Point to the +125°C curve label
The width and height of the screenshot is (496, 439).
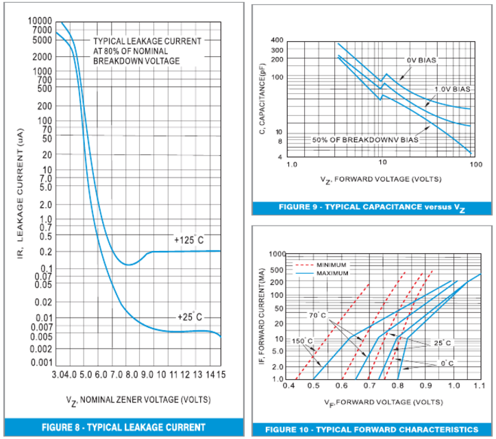(x=188, y=240)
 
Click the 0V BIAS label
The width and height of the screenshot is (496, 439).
(x=421, y=60)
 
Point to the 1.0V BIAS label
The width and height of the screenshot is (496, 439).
(x=452, y=90)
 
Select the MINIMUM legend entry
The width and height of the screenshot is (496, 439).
(x=332, y=265)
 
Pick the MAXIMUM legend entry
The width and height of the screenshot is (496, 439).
(x=332, y=273)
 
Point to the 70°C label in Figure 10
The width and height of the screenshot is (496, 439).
(x=316, y=316)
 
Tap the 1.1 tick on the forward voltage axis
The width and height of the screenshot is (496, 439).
(x=478, y=387)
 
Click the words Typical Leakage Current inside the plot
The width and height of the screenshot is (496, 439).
(x=147, y=41)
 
